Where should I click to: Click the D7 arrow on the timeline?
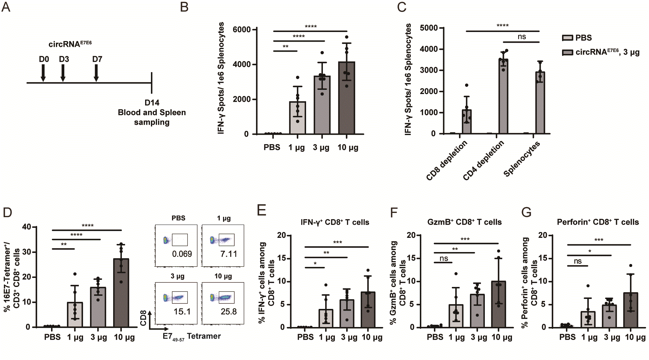pyautogui.click(x=96, y=73)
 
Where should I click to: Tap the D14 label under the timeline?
pyautogui.click(x=152, y=103)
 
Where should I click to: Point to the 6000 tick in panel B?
pyautogui.click(x=242, y=29)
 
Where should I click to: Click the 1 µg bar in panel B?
pyautogui.click(x=297, y=118)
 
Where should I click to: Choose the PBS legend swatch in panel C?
pyautogui.click(x=567, y=38)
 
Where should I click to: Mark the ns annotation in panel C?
pyautogui.click(x=522, y=37)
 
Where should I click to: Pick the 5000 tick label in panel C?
pyautogui.click(x=429, y=28)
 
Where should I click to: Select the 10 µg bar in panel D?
pyautogui.click(x=121, y=293)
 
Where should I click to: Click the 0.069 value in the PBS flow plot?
pyautogui.click(x=182, y=254)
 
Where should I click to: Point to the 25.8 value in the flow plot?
pyautogui.click(x=229, y=312)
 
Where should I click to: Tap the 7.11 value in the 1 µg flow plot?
pyautogui.click(x=229, y=254)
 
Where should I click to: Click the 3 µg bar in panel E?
pyautogui.click(x=347, y=313)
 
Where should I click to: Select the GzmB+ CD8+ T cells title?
pyautogui.click(x=464, y=222)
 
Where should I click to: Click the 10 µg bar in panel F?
pyautogui.click(x=498, y=304)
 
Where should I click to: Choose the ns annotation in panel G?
pyautogui.click(x=578, y=261)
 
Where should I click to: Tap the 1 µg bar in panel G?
pyautogui.click(x=588, y=319)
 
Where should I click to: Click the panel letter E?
pyautogui.click(x=261, y=210)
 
